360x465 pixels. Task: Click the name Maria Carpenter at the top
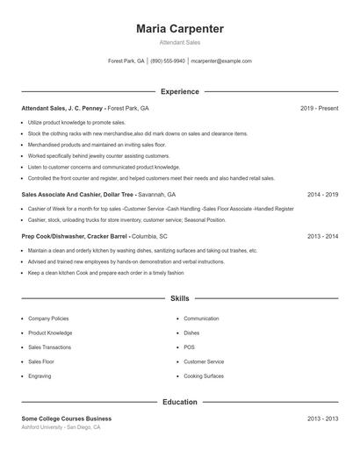point(180,29)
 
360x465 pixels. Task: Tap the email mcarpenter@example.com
point(221,61)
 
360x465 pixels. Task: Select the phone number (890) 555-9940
point(168,61)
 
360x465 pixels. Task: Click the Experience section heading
point(180,91)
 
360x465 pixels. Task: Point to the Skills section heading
point(180,298)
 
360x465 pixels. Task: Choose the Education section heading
point(180,402)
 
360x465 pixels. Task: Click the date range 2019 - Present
point(319,108)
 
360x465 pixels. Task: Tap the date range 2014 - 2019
point(322,194)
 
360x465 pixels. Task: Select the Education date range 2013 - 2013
point(322,418)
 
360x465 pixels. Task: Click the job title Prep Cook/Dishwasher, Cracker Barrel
point(76,237)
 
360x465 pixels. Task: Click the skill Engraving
point(40,376)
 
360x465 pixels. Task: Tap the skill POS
point(189,347)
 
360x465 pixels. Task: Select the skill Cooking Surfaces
point(204,376)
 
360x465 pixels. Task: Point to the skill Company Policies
point(48,318)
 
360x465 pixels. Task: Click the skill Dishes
point(191,333)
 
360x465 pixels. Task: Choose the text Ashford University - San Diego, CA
point(61,427)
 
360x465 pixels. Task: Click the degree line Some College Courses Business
point(67,418)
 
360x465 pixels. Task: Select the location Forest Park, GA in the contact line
point(126,61)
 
